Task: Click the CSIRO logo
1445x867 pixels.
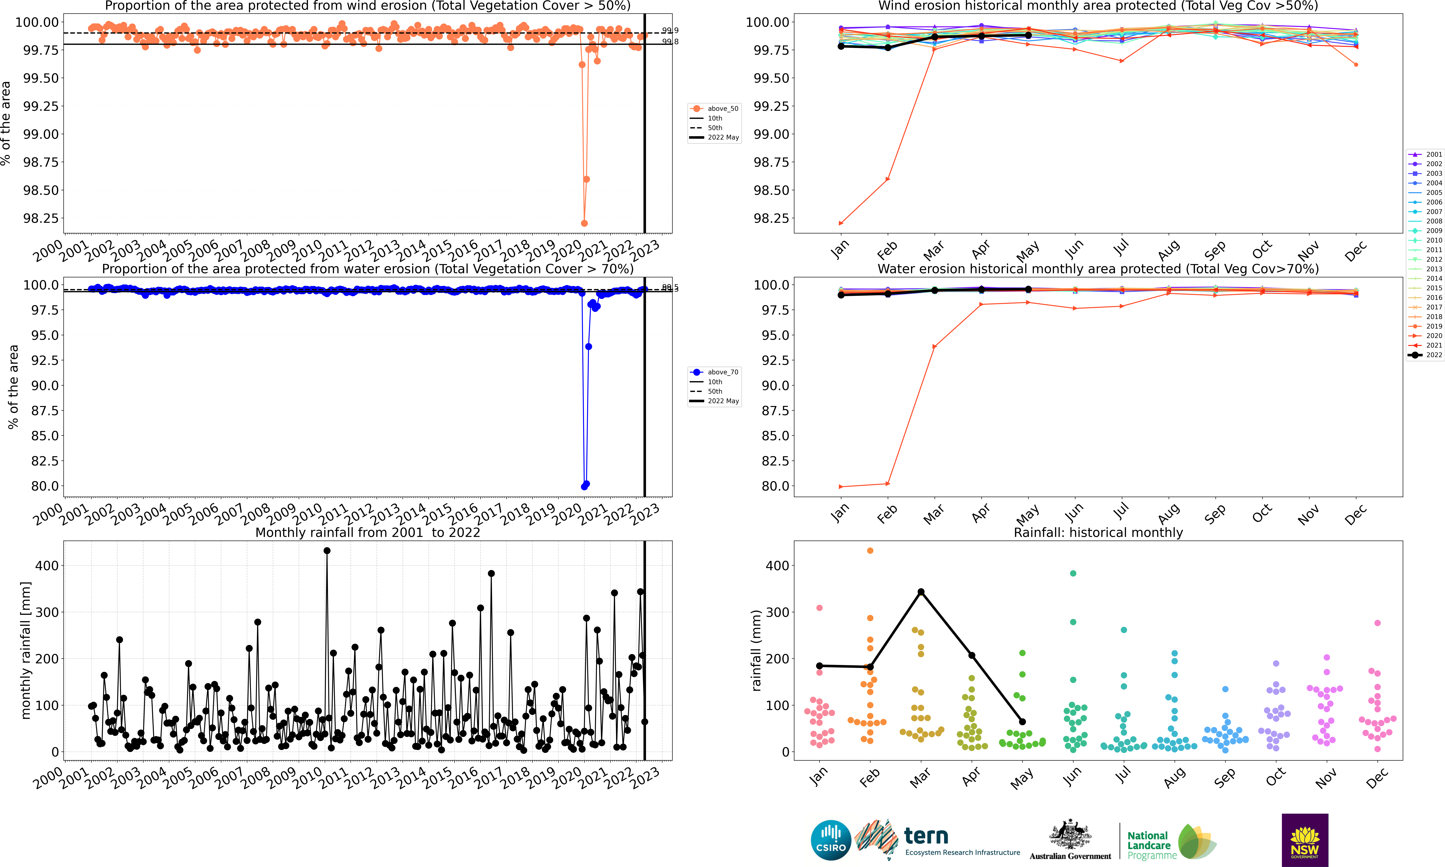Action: click(830, 840)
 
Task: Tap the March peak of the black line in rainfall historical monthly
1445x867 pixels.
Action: click(921, 592)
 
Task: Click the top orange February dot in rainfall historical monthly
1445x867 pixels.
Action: click(870, 550)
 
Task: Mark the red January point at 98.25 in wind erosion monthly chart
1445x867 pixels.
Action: click(841, 223)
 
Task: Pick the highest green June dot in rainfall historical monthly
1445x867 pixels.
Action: click(1073, 573)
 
